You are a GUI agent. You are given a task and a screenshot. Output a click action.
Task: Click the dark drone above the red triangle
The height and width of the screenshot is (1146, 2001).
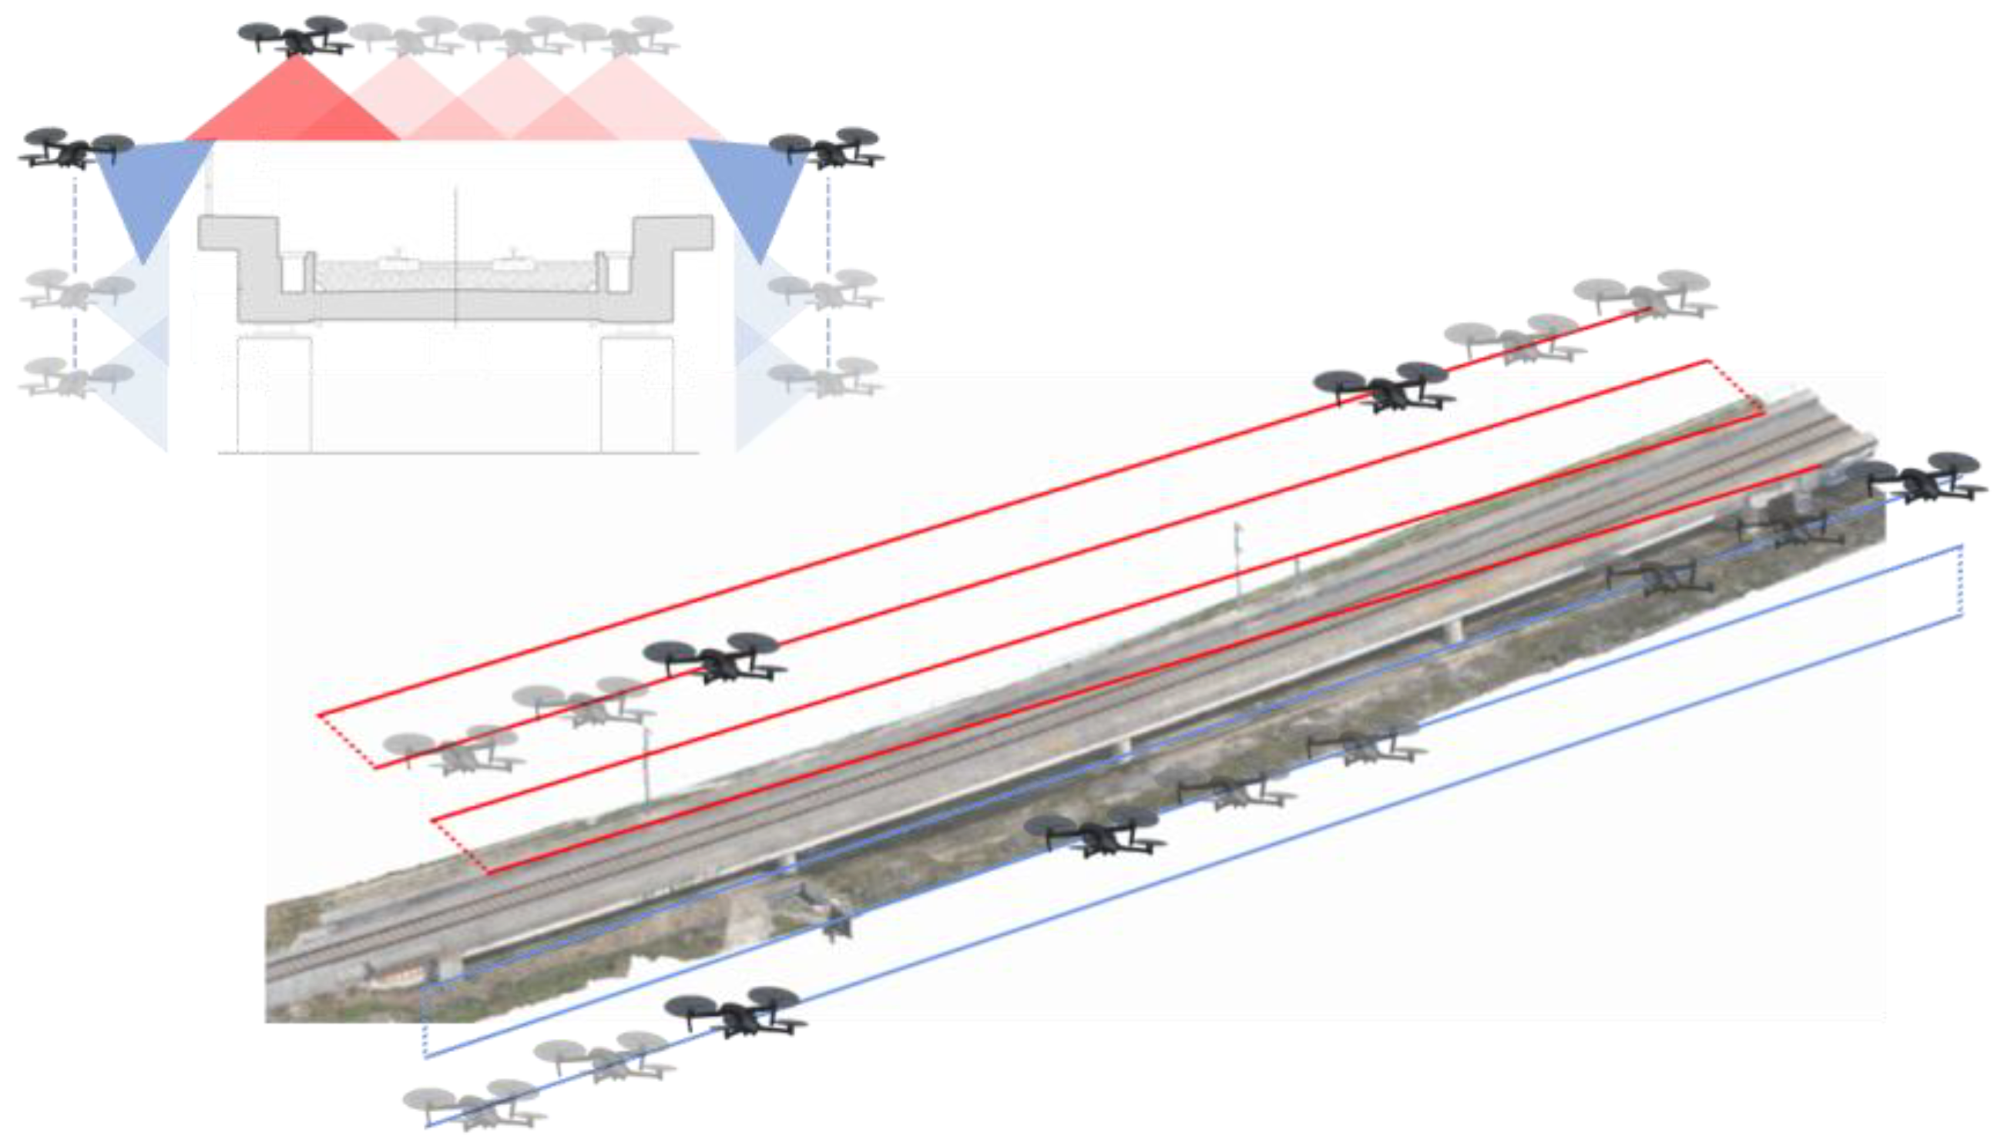[294, 36]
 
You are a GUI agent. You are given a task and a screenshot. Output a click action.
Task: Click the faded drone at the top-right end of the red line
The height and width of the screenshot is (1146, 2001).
[1645, 294]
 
